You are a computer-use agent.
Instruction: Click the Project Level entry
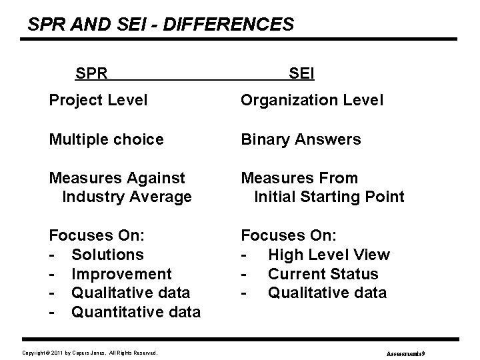tap(98, 101)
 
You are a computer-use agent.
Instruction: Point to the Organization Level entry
tap(312, 101)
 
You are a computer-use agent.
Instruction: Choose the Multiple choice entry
tap(106, 139)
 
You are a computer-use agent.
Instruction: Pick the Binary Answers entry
tap(301, 139)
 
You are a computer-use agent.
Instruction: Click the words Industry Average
tap(127, 197)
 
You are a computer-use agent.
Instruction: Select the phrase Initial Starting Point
tap(329, 197)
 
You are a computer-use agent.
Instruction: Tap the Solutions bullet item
tap(107, 255)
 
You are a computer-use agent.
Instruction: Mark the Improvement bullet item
tap(121, 274)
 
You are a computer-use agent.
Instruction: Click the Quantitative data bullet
tap(136, 312)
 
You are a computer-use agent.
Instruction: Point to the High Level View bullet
tap(329, 255)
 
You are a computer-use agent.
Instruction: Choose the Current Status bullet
tap(323, 274)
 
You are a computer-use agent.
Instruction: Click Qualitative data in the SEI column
tap(327, 293)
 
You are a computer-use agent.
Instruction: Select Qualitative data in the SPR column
tap(131, 293)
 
